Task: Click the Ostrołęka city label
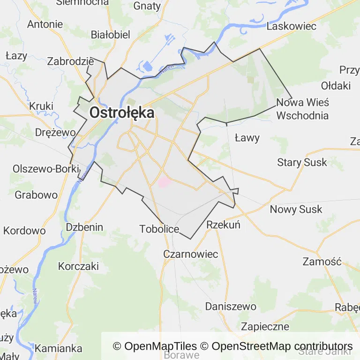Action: (121, 113)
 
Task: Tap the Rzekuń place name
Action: (223, 225)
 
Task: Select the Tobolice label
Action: (159, 229)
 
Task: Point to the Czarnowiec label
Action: (191, 254)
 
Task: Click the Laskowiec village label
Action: (291, 26)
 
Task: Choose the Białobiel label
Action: (111, 35)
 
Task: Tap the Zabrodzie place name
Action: (71, 61)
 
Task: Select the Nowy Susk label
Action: (296, 209)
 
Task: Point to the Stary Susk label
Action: (302, 163)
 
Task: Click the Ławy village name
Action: (247, 138)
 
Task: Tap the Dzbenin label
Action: (84, 227)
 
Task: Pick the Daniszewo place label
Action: (231, 307)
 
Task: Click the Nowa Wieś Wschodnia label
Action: (303, 109)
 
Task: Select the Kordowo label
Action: (24, 231)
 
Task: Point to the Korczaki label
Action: (78, 266)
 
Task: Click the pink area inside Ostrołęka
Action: (164, 181)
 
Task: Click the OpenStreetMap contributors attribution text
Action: (282, 346)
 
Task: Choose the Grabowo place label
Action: (36, 195)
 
